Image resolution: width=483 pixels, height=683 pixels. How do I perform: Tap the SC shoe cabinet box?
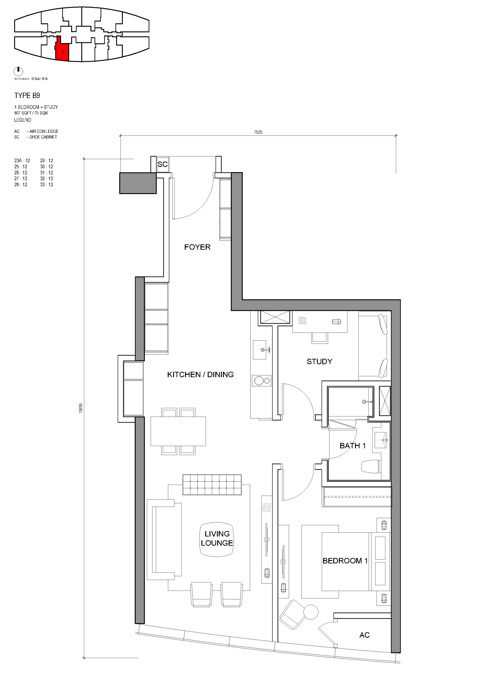click(162, 164)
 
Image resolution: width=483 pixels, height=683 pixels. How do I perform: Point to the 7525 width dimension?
click(258, 132)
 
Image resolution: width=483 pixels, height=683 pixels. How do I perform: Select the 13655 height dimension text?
click(81, 408)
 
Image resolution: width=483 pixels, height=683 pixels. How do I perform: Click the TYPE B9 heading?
click(27, 95)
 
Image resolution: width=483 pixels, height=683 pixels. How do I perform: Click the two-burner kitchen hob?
click(262, 381)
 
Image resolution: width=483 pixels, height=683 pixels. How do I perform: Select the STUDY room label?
click(319, 362)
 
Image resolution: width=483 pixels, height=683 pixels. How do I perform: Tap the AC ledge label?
click(364, 635)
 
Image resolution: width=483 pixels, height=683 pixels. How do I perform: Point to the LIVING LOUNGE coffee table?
click(217, 539)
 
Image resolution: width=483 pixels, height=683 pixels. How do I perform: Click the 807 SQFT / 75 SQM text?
click(31, 113)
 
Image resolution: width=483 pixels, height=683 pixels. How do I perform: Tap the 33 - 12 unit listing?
click(46, 185)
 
